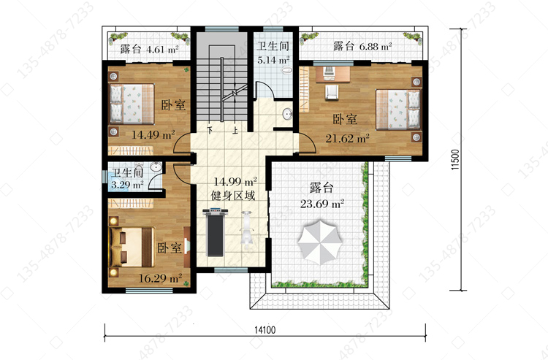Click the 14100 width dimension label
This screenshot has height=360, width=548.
(x=265, y=330)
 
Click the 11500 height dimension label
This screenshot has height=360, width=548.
(x=455, y=160)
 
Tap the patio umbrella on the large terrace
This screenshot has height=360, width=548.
(x=320, y=242)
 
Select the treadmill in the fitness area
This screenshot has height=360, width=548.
(x=216, y=232)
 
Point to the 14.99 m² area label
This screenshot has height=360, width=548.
(x=235, y=182)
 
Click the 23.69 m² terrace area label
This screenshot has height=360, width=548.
(x=322, y=204)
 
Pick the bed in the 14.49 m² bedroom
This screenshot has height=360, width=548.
(x=132, y=104)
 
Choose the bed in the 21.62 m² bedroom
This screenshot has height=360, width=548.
(x=398, y=110)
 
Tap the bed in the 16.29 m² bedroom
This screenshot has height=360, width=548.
(x=132, y=247)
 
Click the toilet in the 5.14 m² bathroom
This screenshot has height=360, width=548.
(x=286, y=71)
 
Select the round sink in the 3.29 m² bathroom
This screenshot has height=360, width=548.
(x=156, y=167)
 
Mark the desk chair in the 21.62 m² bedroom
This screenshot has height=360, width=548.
(x=332, y=92)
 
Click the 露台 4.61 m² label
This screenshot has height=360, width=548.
(x=149, y=49)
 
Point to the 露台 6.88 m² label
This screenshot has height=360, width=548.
(x=362, y=46)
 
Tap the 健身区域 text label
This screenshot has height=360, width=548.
(x=233, y=196)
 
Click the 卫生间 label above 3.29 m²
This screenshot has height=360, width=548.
(x=128, y=172)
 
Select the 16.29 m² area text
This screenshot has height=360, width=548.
(x=161, y=278)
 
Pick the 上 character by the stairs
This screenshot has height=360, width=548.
(x=236, y=131)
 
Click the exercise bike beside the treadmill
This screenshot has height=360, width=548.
(x=248, y=230)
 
